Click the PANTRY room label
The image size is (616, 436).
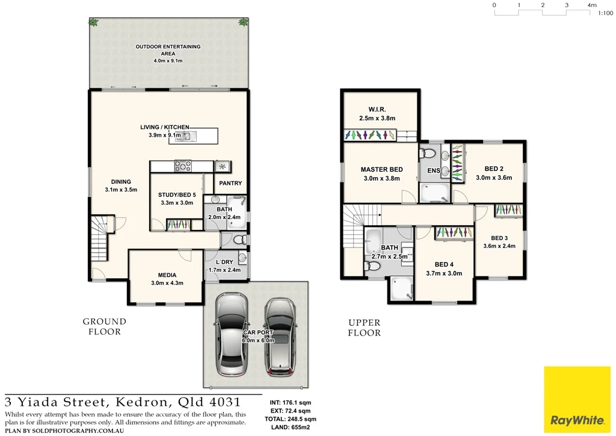230,183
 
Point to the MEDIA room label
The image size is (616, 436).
167,275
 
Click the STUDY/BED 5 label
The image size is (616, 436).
176,195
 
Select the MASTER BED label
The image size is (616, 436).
381,169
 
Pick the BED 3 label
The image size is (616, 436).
499,238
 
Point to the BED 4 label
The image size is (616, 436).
444,264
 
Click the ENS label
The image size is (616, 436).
433,171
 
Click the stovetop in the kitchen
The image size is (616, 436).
182,166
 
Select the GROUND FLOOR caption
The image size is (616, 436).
104,326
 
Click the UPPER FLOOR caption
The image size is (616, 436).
365,328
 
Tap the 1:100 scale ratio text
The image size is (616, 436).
605,13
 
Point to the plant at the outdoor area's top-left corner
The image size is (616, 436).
93,22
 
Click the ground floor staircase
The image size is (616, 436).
99,238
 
